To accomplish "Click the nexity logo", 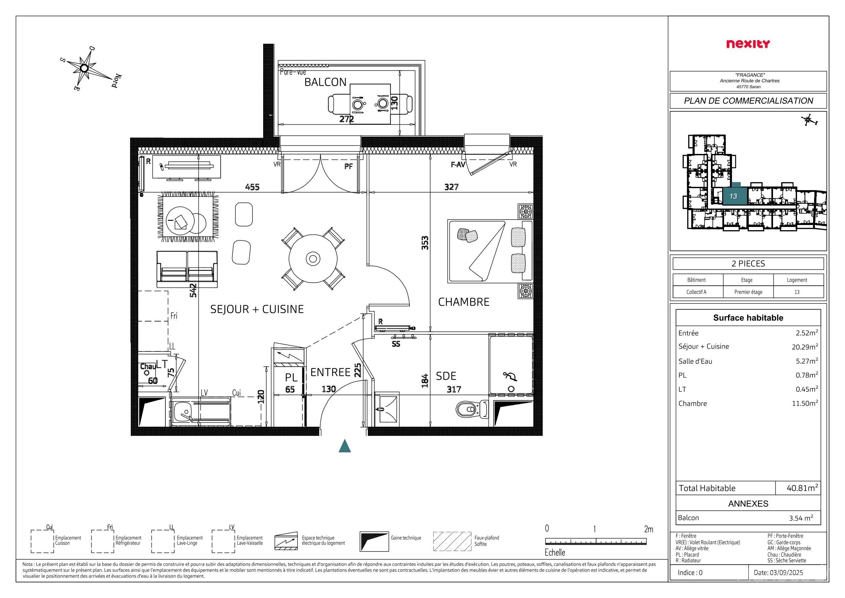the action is [x=748, y=44].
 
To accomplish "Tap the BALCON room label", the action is [x=325, y=82].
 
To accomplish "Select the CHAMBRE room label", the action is [x=464, y=302].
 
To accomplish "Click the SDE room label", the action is [x=446, y=376].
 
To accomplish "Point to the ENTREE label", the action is [x=330, y=372].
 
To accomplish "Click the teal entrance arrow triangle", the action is [x=345, y=446].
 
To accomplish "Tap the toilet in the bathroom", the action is [x=472, y=409].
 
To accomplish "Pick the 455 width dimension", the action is [x=252, y=187].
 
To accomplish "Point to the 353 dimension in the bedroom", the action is [x=425, y=243].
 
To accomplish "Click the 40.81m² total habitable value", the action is [x=802, y=488].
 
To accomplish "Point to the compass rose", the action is [x=84, y=68].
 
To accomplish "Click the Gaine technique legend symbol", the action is [x=374, y=541].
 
